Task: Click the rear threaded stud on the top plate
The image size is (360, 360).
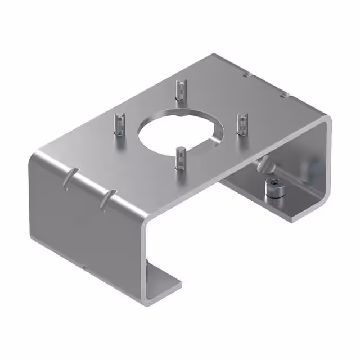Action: pyautogui.click(x=180, y=90)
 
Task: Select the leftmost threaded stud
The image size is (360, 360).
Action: pyautogui.click(x=119, y=124)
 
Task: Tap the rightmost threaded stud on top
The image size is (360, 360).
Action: pyautogui.click(x=242, y=123)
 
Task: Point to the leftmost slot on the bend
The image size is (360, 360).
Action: pyautogui.click(x=69, y=179)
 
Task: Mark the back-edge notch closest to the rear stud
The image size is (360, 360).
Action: pyautogui.click(x=246, y=74)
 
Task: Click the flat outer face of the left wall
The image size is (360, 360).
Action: pyautogui.click(x=84, y=225)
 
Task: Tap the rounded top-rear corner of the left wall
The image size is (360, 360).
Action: pyautogui.click(x=35, y=157)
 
